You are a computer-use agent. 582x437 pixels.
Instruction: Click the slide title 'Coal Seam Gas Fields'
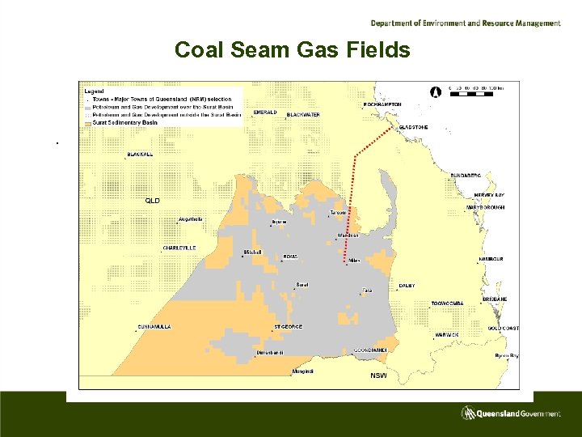coord(293,50)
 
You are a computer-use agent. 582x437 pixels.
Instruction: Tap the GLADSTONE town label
coord(413,128)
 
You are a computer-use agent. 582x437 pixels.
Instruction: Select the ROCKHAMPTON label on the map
coord(382,104)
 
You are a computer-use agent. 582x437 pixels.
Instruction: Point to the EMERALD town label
coord(265,112)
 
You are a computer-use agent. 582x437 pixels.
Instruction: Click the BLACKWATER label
coord(303,115)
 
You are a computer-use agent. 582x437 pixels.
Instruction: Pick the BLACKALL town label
coord(140,155)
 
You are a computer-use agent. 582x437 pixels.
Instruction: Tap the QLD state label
coord(152,200)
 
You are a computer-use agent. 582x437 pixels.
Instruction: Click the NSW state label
coord(378,376)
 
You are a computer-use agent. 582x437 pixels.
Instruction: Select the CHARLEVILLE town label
coord(179,248)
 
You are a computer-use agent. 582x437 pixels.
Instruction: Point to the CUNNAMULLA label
coord(154,326)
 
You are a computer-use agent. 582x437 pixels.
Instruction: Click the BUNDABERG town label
coord(466,175)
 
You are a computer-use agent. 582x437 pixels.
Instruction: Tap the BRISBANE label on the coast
coord(495,299)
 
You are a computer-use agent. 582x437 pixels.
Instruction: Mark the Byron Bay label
coord(507,355)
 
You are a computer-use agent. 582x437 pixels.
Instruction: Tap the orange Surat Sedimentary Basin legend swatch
coord(87,122)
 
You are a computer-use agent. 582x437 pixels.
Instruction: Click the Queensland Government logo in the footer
coord(511,414)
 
